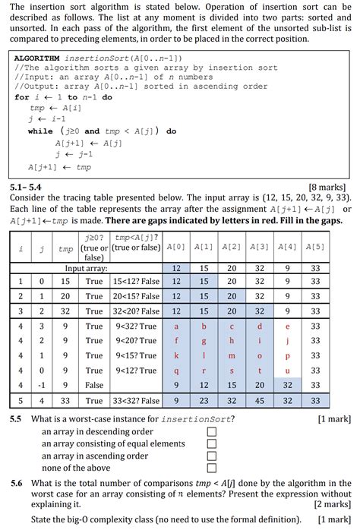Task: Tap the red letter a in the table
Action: (x=175, y=326)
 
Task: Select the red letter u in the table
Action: (x=287, y=371)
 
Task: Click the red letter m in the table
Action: (x=231, y=355)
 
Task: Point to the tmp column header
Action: (x=65, y=248)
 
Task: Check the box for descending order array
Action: (x=212, y=431)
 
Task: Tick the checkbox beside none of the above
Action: (x=212, y=468)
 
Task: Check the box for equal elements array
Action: (x=212, y=443)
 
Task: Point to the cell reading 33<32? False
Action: (x=136, y=400)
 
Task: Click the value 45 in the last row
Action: (x=260, y=400)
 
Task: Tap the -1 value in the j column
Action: (x=39, y=385)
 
